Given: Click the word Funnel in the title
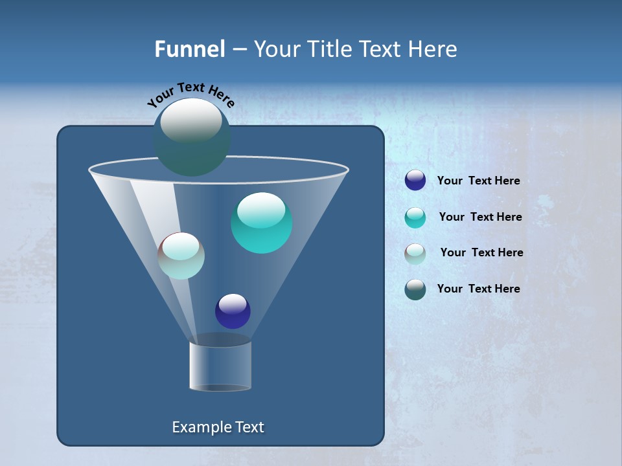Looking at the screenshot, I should coord(190,49).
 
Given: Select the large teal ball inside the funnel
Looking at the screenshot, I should coord(261,223).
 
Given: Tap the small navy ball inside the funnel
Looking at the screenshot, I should coord(233,311).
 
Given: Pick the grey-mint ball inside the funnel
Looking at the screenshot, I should coord(181,256).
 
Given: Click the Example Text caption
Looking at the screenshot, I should coord(218,427).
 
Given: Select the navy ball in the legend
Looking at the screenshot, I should coord(415,181).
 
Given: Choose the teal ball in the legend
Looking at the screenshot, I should coord(415,217).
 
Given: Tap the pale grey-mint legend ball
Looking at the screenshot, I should coord(415,253).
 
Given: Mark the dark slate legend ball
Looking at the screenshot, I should coord(415,289).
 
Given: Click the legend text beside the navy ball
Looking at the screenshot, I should coord(478,181).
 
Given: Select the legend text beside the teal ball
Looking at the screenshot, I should coord(480,217).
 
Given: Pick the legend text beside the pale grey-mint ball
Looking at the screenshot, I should coord(481,252).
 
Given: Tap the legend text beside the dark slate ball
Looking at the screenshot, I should coord(478,289).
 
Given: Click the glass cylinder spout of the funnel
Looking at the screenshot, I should coord(220,366).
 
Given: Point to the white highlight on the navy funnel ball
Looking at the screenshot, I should coord(233,303).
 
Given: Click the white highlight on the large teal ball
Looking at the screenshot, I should coord(261,209).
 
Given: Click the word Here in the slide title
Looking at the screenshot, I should coord(432,49).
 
